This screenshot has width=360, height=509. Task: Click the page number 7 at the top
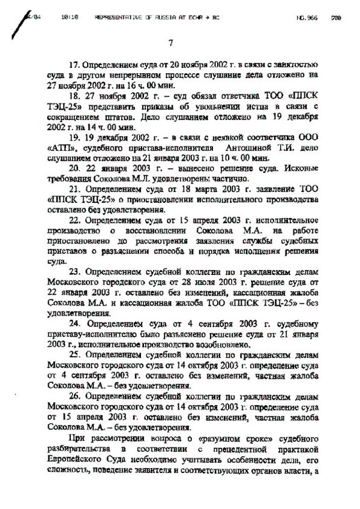pyautogui.click(x=170, y=42)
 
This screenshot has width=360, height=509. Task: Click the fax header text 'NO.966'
pyautogui.click(x=305, y=18)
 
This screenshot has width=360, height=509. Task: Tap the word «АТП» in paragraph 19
pyautogui.click(x=59, y=148)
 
